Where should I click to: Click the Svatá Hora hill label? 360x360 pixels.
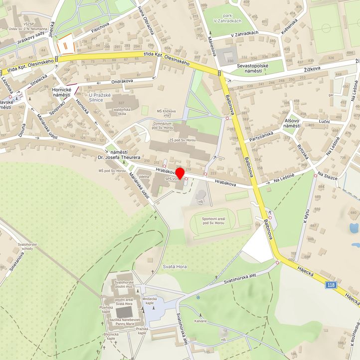click(x=175, y=267)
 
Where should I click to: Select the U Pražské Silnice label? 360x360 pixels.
click(x=103, y=97)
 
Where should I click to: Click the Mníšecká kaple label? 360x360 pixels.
click(x=149, y=301)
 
